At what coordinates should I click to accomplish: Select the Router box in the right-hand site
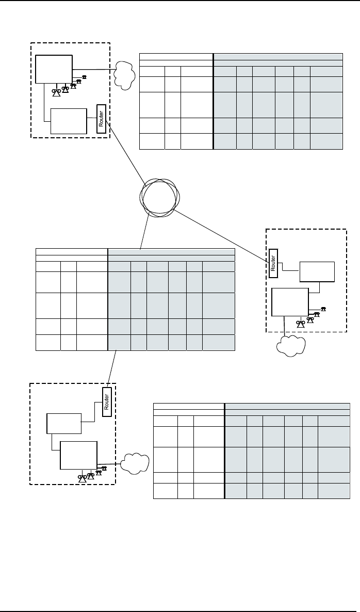click(273, 260)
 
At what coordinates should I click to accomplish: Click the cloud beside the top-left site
click(123, 75)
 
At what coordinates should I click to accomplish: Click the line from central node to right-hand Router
click(222, 232)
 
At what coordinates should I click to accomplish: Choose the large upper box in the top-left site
click(54, 69)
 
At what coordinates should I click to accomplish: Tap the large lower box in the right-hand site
click(289, 302)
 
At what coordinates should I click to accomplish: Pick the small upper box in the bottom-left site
click(64, 423)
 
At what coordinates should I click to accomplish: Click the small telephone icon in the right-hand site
click(323, 309)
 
